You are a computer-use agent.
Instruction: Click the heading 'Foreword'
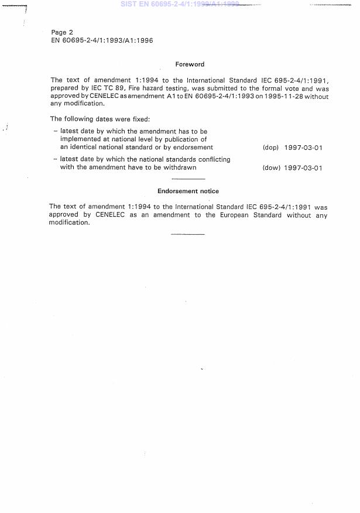pyautogui.click(x=190, y=64)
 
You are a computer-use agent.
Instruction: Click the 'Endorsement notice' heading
pyautogui.click(x=188, y=191)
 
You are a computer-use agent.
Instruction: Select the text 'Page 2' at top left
pyautogui.click(x=62, y=32)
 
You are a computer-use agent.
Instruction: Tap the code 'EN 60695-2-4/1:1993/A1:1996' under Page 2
pyautogui.click(x=102, y=41)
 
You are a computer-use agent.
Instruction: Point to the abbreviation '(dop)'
pyautogui.click(x=270, y=148)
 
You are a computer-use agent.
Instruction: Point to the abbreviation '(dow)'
pyautogui.click(x=270, y=168)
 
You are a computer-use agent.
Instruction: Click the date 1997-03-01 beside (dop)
pyautogui.click(x=303, y=148)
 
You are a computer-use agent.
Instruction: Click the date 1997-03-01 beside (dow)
pyautogui.click(x=303, y=168)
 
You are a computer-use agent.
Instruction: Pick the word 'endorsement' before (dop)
pyautogui.click(x=194, y=147)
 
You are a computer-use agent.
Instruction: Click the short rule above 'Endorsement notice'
pyautogui.click(x=188, y=179)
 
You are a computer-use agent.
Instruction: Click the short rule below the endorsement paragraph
pyautogui.click(x=188, y=234)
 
